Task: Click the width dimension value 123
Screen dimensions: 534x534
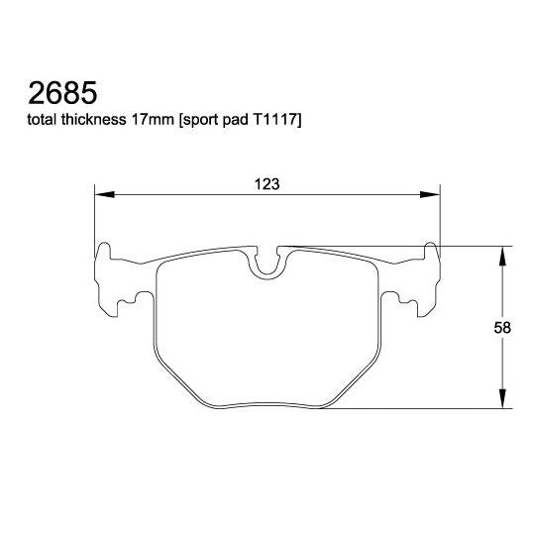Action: click(267, 183)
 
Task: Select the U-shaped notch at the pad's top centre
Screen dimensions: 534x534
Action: click(267, 263)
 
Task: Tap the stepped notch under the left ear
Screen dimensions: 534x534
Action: click(127, 299)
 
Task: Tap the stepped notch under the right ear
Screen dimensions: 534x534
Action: click(406, 299)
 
